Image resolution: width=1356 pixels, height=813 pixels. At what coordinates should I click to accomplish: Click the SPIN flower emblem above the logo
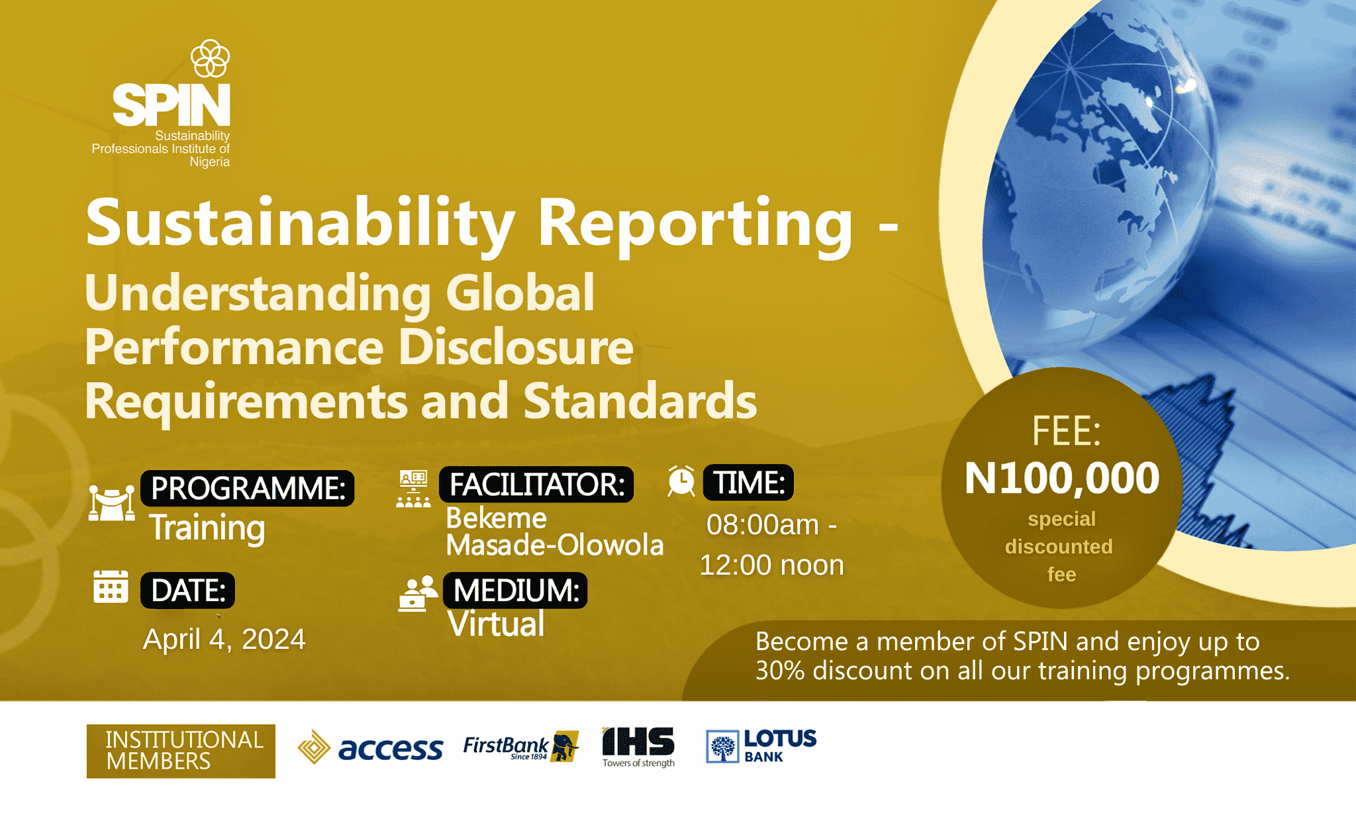click(x=211, y=58)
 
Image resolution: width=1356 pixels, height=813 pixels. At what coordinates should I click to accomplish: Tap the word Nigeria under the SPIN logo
click(x=209, y=162)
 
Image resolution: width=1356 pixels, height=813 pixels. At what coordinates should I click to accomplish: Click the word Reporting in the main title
click(x=695, y=224)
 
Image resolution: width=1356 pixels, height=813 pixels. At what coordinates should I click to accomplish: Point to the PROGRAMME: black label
click(x=248, y=488)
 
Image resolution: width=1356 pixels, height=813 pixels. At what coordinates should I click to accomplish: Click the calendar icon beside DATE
click(x=111, y=587)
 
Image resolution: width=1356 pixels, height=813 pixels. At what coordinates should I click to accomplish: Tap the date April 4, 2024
click(x=224, y=639)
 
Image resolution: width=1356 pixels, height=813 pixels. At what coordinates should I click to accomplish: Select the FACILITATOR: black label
click(x=536, y=484)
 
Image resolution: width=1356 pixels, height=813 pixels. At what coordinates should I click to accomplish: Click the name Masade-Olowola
click(x=555, y=545)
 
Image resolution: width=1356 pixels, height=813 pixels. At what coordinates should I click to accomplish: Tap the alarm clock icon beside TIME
click(x=681, y=481)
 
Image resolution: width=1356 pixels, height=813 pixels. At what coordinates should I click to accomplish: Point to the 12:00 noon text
click(x=772, y=565)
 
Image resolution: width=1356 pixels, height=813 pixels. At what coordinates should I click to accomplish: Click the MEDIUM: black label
click(x=515, y=590)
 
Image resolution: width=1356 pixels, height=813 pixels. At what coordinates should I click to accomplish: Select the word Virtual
click(x=496, y=624)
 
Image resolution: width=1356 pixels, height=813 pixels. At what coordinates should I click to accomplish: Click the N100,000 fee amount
click(x=1062, y=478)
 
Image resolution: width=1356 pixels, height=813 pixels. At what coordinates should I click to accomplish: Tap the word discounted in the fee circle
click(x=1059, y=547)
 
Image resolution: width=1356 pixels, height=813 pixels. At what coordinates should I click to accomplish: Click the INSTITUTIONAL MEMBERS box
click(x=181, y=751)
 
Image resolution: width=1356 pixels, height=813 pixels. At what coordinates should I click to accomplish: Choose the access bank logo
click(x=370, y=747)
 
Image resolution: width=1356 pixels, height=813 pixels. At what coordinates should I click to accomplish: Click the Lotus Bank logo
click(x=761, y=746)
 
